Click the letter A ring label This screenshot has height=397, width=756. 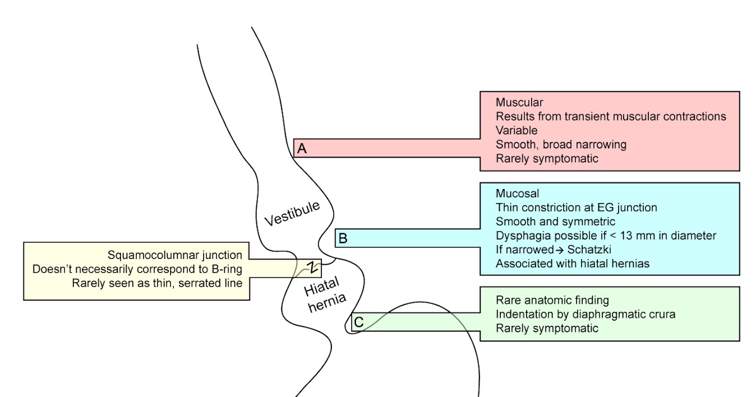[302, 148]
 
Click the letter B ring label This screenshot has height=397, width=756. [343, 238]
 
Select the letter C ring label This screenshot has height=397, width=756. [358, 322]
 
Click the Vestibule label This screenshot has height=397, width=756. [292, 214]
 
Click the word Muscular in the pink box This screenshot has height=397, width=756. [519, 102]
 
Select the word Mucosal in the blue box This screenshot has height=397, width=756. [517, 193]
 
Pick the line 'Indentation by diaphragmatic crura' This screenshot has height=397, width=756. [585, 314]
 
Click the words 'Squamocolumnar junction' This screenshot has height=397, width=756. [175, 255]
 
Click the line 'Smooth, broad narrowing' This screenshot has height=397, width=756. [561, 144]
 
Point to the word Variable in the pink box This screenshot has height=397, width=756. [516, 130]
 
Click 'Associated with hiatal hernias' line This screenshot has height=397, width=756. [571, 264]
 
